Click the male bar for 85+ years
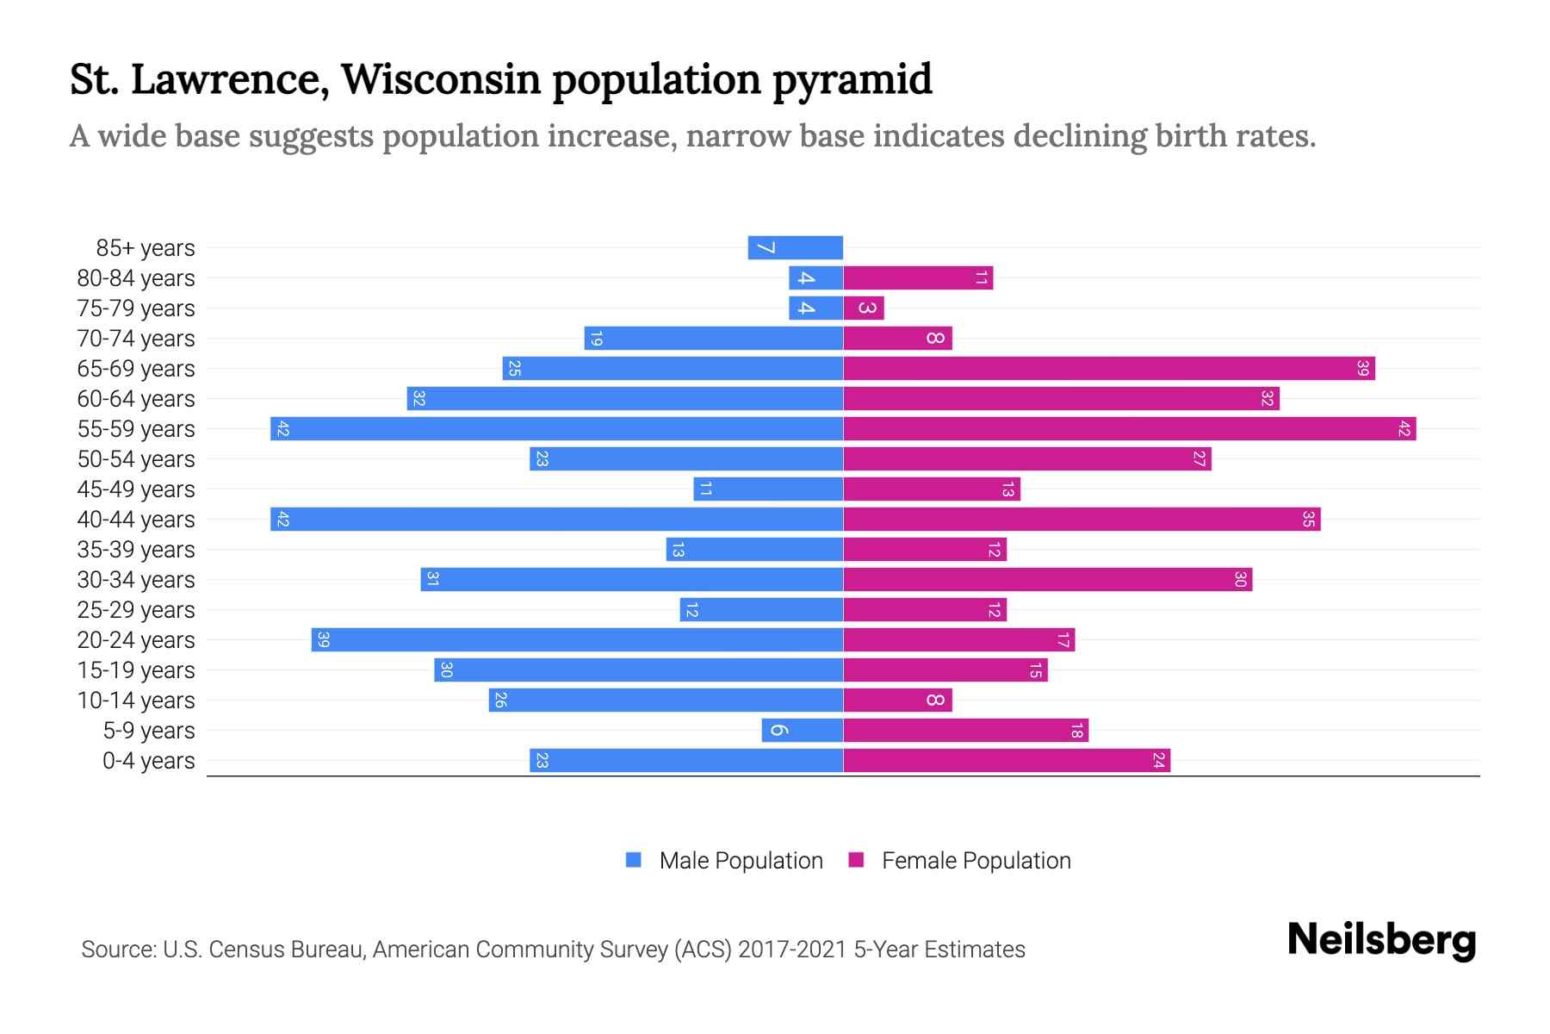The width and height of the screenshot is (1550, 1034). (x=795, y=248)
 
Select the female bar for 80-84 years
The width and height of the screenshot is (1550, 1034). (x=918, y=278)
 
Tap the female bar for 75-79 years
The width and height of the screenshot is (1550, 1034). (x=864, y=308)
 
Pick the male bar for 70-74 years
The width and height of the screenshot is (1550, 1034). (x=713, y=339)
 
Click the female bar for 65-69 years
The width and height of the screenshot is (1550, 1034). (x=1109, y=369)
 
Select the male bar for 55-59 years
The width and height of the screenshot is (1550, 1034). (x=556, y=429)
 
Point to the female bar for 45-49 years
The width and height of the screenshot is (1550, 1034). (x=932, y=489)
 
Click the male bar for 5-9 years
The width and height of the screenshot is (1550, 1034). (x=802, y=731)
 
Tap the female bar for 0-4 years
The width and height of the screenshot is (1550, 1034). (x=1007, y=761)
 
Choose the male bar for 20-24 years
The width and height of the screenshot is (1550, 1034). (x=577, y=640)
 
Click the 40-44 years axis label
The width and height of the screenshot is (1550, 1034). (x=136, y=520)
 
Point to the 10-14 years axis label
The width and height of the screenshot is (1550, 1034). (x=136, y=701)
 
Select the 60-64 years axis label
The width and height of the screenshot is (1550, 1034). (x=136, y=399)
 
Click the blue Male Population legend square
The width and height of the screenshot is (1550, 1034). (x=634, y=860)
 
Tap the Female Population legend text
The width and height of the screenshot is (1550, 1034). (x=976, y=861)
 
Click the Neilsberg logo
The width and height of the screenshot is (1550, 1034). (x=1381, y=939)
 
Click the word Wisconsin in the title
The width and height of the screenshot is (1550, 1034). (x=441, y=79)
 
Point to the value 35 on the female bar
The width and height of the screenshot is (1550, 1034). (x=1308, y=520)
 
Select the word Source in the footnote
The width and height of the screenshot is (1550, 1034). (x=118, y=950)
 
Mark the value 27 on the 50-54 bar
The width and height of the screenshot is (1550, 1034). (x=1199, y=459)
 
